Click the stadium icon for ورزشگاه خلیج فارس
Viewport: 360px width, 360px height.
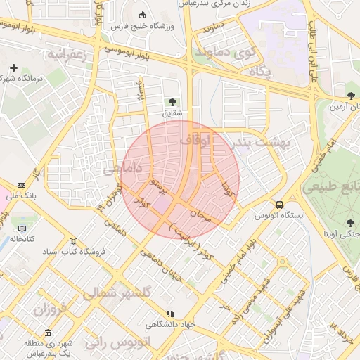tap(143, 15)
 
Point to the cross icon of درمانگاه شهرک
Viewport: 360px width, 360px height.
tap(13, 68)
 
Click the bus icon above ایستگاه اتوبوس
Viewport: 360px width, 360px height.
tap(281, 205)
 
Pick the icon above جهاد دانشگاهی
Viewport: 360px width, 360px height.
tap(169, 314)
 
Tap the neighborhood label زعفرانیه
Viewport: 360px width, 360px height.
tap(67, 55)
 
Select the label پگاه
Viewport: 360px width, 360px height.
tap(259, 72)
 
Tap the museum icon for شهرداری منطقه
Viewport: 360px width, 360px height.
tap(48, 333)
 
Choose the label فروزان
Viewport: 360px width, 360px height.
tap(49, 309)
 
